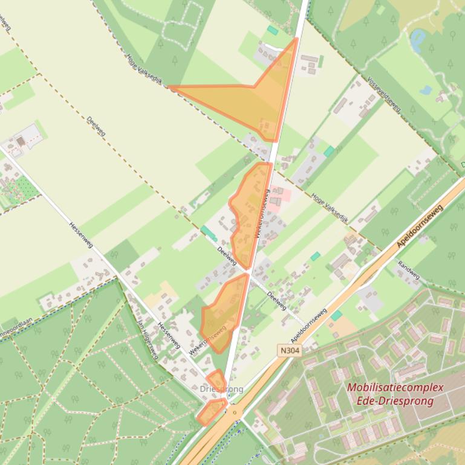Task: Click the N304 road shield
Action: (x=290, y=350)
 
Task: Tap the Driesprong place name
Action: (x=221, y=390)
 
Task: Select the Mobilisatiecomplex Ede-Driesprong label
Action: (x=395, y=394)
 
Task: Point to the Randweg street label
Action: (x=409, y=270)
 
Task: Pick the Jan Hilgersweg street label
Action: (x=148, y=340)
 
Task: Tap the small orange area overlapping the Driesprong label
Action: (x=216, y=380)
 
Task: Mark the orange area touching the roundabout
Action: (x=211, y=412)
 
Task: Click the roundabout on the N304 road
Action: (x=235, y=413)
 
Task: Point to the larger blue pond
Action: (x=417, y=40)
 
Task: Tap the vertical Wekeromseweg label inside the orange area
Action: (x=264, y=214)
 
